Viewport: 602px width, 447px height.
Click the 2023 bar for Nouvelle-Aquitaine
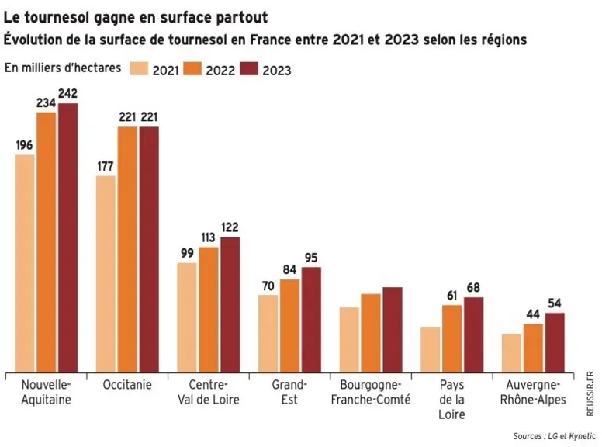[68, 237]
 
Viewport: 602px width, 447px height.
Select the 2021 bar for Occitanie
[106, 274]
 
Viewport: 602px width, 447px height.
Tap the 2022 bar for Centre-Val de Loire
[209, 310]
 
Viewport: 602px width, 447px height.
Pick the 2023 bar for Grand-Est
[311, 320]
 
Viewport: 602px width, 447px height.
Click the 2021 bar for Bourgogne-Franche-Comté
[349, 340]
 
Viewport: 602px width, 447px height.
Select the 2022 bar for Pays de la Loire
[452, 339]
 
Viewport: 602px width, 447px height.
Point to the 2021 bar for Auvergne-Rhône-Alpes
[512, 353]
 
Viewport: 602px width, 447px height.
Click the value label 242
[68, 94]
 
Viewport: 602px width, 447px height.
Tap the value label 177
[106, 166]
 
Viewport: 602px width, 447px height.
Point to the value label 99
[187, 254]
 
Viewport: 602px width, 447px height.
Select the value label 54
[555, 303]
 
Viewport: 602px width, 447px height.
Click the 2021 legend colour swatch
[139, 68]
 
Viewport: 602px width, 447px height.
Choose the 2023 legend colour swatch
[249, 68]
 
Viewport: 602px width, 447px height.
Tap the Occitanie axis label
[127, 385]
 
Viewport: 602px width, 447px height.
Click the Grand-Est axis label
[289, 392]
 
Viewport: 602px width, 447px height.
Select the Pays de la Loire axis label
[451, 400]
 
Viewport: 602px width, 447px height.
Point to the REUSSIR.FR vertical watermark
[590, 393]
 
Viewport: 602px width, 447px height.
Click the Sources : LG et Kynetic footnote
[555, 436]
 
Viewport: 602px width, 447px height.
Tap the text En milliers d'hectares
[63, 68]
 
